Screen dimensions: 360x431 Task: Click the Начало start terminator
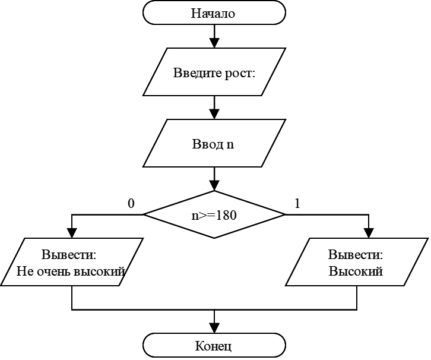point(214,12)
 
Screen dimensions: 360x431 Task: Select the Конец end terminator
point(214,346)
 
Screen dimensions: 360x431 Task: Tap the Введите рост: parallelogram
point(214,74)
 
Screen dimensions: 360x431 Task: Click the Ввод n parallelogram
point(214,144)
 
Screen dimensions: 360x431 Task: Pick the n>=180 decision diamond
point(214,215)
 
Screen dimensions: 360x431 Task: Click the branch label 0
point(131,204)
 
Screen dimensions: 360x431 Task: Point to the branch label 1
point(297,204)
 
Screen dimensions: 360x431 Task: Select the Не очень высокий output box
point(72,263)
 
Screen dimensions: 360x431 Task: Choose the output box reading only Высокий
point(356,263)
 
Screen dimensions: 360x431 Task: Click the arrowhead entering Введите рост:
point(214,43)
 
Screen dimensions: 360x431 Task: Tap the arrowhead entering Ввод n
point(214,114)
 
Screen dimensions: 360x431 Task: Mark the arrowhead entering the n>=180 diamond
point(214,185)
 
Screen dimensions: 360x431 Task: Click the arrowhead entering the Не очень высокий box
point(72,233)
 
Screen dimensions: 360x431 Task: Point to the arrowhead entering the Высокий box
point(369,233)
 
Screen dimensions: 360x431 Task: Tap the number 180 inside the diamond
point(227,215)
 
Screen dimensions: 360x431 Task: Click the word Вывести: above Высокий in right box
point(356,255)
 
